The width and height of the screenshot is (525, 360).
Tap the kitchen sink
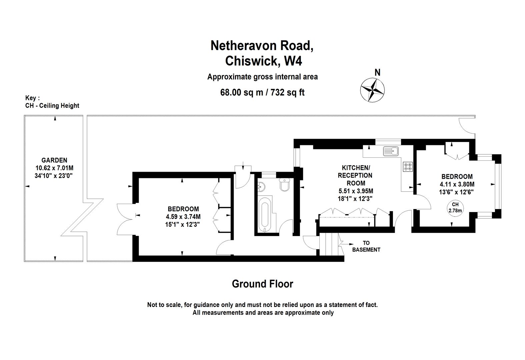(391, 151)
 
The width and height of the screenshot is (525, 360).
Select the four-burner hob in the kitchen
(408, 166)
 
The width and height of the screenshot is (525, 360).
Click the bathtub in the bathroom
(265, 214)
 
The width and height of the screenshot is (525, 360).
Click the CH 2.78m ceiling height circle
(455, 208)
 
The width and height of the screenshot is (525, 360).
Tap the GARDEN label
(54, 160)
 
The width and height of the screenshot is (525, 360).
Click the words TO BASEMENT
(366, 246)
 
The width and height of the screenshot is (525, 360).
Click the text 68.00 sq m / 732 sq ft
(262, 92)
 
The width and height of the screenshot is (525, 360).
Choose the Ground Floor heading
(262, 284)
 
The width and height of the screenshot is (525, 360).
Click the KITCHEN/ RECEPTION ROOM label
(355, 175)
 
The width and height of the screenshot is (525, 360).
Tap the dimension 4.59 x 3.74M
(183, 217)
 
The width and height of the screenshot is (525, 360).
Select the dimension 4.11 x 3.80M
(457, 184)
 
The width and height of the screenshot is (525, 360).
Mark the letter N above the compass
(377, 72)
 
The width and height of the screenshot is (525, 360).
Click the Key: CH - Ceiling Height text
(52, 102)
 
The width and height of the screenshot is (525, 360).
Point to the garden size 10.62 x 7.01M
(54, 168)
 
